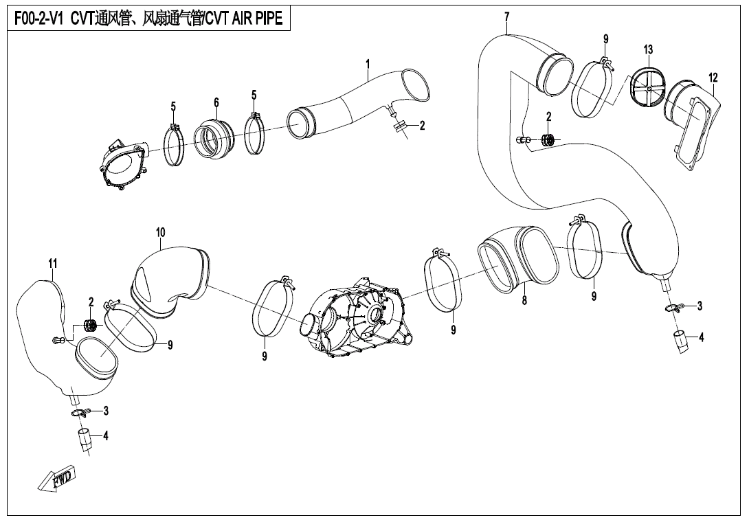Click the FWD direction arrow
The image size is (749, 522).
pos(56,479)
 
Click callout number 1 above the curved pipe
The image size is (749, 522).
pos(368,63)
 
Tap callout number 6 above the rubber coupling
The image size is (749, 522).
pos(216,102)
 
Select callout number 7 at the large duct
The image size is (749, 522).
pos(506,18)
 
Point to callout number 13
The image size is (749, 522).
pos(648,49)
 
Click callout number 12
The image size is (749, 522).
pos(713,78)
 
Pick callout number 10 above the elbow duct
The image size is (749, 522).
pos(161,233)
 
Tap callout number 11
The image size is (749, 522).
pos(52,263)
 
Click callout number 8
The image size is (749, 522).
pos(524,300)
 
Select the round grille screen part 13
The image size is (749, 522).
pos(647,87)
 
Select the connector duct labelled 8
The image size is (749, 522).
pos(518,260)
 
